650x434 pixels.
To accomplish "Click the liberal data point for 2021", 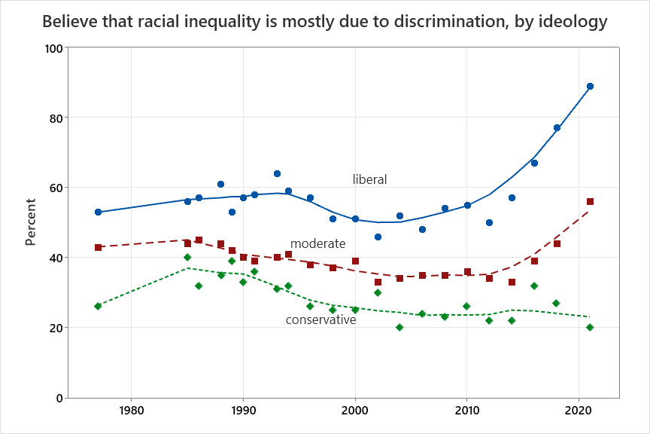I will (x=590, y=86).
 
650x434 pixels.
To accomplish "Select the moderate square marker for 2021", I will (x=590, y=201).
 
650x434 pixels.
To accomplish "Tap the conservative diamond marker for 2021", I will (x=590, y=327).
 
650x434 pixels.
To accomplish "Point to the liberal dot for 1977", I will (x=98, y=212).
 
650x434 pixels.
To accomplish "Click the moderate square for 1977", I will (x=98, y=247).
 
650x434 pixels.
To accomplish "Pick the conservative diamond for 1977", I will (x=98, y=306).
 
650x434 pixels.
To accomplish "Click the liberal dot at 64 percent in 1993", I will (x=277, y=173).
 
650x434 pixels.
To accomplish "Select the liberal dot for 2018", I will (x=557, y=127).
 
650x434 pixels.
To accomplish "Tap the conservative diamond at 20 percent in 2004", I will (x=399, y=327).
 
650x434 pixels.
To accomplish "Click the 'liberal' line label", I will (x=369, y=179).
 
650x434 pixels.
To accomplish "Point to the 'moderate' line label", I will (x=317, y=243).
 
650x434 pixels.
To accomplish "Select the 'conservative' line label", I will (x=320, y=320).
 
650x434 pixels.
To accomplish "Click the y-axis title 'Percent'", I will (x=31, y=222).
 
